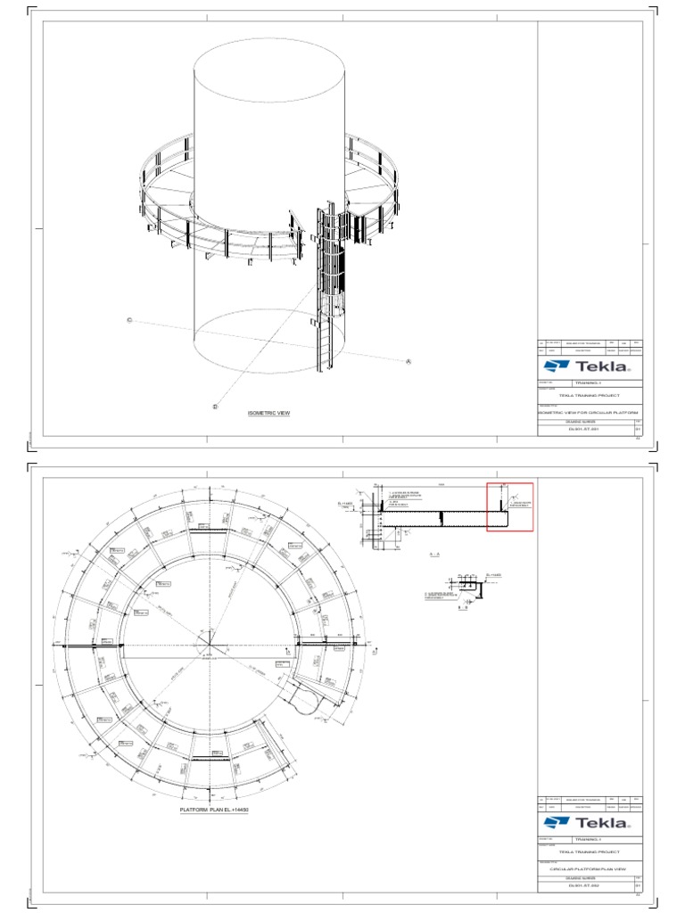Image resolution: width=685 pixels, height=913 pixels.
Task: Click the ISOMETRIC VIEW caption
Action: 268,414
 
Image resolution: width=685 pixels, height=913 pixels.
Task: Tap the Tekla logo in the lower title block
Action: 589,822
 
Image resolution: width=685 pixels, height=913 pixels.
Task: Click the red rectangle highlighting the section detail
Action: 509,506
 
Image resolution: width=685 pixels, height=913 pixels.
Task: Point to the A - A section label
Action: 436,555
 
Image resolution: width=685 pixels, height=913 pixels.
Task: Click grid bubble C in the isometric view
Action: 129,320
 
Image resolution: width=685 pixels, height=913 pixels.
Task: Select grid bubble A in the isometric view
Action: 409,361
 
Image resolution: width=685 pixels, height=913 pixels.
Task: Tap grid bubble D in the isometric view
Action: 215,407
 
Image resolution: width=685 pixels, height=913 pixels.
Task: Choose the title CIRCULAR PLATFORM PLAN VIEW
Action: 589,869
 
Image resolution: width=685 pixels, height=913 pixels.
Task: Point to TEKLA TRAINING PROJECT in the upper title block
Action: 589,394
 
